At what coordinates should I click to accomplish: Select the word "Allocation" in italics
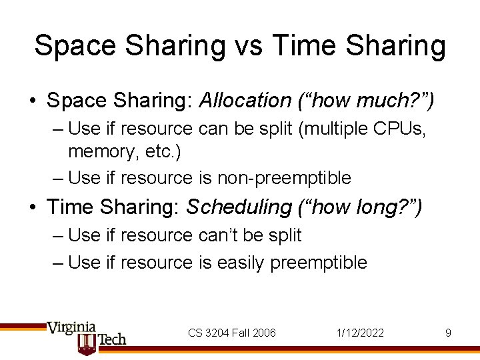[x=245, y=101]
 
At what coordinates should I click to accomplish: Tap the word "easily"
[x=241, y=263]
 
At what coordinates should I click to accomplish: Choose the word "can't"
[x=225, y=235]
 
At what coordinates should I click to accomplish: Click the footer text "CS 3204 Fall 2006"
[x=231, y=333]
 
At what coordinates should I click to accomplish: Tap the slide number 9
[x=449, y=333]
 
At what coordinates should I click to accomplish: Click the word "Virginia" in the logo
[x=71, y=327]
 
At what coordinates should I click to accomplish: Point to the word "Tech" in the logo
[x=112, y=339]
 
